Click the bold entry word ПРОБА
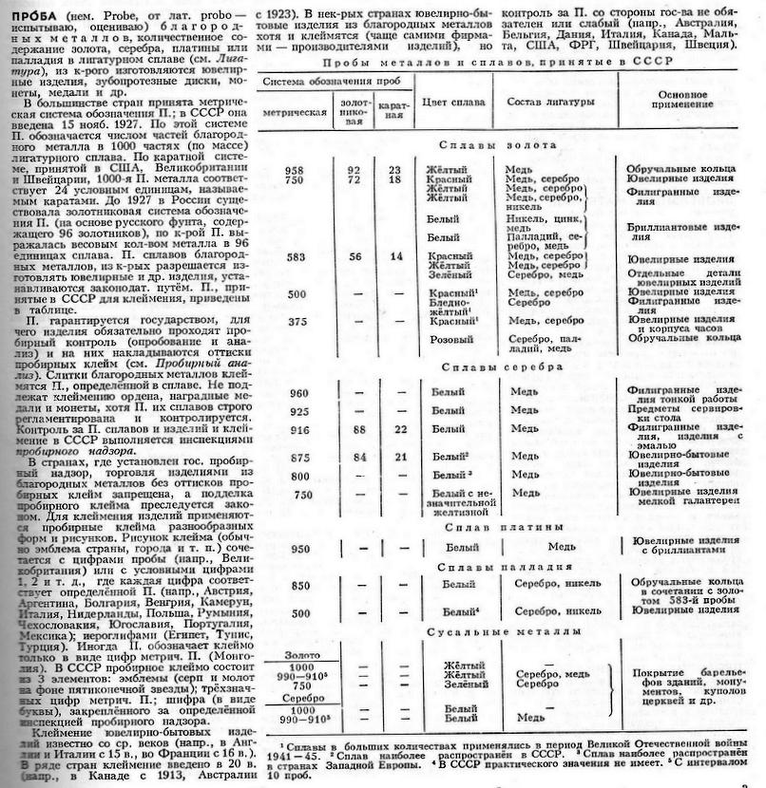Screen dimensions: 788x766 pyautogui.click(x=29, y=15)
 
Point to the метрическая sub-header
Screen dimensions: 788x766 pyautogui.click(x=295, y=112)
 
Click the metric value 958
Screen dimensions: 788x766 pyautogui.click(x=293, y=170)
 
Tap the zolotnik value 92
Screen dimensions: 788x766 pyautogui.click(x=354, y=170)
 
